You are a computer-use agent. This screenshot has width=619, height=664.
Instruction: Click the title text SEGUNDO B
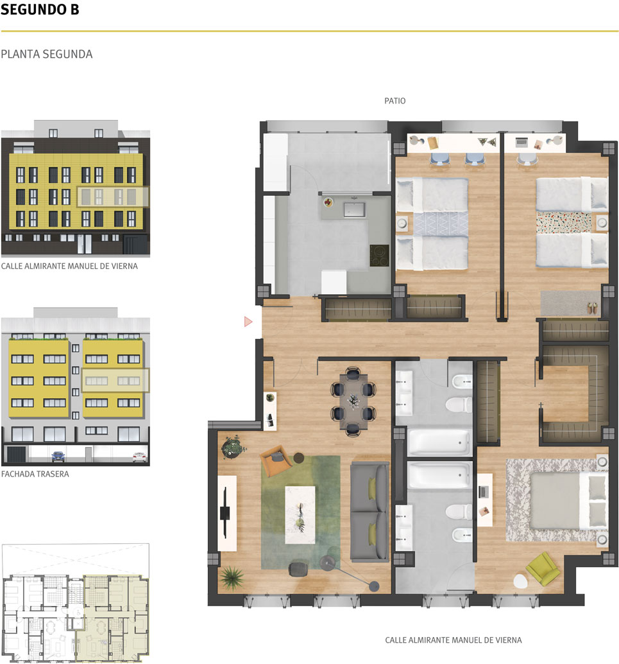[x=40, y=10]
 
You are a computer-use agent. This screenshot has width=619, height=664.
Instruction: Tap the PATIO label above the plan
[x=394, y=101]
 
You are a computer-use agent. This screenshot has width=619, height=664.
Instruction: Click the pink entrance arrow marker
[x=248, y=322]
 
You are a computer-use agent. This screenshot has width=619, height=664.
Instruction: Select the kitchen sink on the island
[x=355, y=209]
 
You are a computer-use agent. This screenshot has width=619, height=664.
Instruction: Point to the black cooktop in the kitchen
[x=380, y=256]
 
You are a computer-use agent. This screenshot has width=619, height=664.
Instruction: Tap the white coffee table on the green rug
[x=300, y=514]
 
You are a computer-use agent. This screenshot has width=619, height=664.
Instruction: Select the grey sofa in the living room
[x=369, y=512]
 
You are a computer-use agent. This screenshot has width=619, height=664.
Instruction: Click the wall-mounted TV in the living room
[x=225, y=513]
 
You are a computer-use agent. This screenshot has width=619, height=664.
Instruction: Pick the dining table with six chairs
[x=353, y=401]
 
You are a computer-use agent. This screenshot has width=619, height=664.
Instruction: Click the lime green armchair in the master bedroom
[x=543, y=569]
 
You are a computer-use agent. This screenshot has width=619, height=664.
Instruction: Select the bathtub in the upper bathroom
[x=439, y=442]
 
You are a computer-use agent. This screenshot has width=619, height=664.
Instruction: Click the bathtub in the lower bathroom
[x=439, y=475]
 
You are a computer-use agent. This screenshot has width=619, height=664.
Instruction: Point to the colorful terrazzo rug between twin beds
[x=564, y=222]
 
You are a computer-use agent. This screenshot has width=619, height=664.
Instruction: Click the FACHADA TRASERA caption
[x=35, y=474]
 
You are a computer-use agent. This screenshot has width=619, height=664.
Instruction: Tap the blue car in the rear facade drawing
[x=58, y=456]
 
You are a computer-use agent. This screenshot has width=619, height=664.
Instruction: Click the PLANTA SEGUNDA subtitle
[x=47, y=54]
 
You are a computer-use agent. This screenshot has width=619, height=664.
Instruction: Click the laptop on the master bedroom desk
[x=484, y=492]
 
